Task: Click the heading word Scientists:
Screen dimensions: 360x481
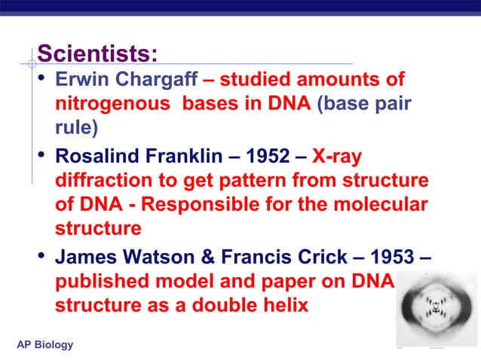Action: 97,54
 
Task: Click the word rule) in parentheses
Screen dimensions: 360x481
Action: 76,128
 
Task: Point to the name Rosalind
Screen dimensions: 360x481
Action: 93,157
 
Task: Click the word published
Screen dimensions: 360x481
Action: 98,282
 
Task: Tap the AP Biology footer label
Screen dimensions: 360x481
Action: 45,345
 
